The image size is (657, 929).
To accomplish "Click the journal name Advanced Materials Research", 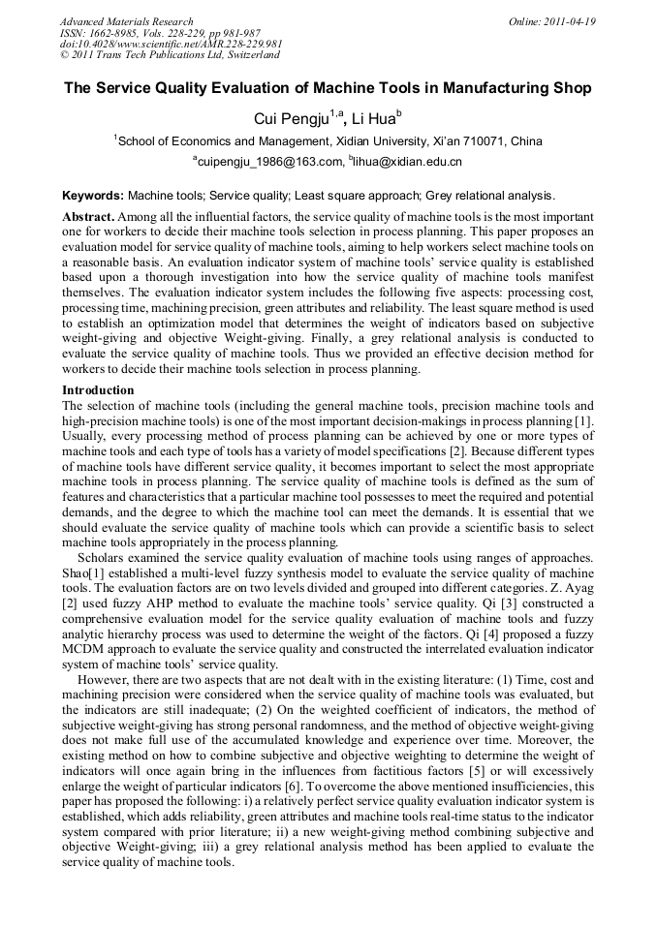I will [x=126, y=20].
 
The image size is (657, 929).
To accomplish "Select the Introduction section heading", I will [x=98, y=390].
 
